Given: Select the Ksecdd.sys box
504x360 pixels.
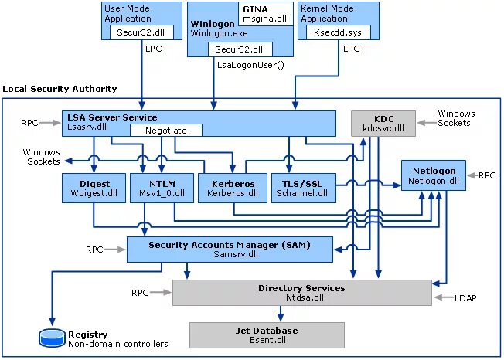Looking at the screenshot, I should (339, 32).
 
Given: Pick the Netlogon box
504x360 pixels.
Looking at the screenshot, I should (434, 176).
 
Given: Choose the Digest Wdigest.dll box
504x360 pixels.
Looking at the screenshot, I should (94, 188).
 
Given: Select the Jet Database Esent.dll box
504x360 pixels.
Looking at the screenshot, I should (266, 335).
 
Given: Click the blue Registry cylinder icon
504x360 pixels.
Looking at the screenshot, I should (53, 337).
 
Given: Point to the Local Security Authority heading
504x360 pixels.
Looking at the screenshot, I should (60, 90).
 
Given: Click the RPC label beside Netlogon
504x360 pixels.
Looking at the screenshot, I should (487, 175).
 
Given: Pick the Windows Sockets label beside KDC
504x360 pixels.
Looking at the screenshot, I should (456, 118).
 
